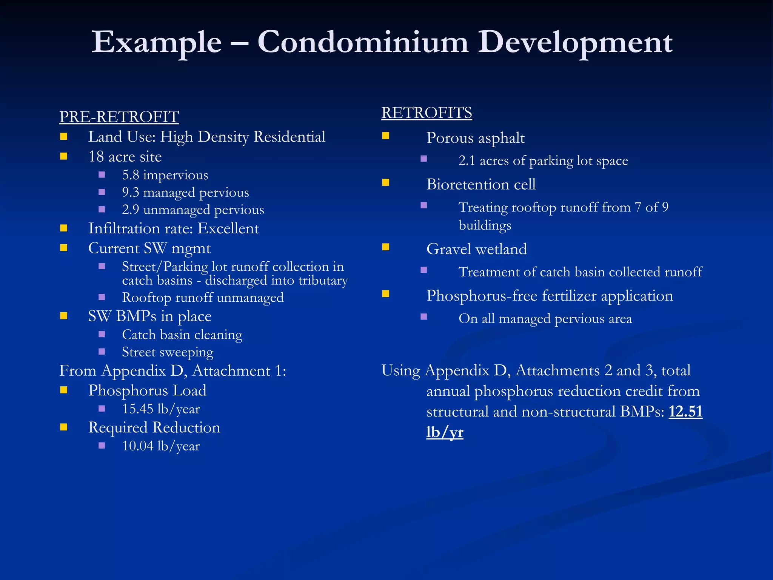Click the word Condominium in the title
(x=363, y=42)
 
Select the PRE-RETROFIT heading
(x=119, y=117)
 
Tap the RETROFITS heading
(x=427, y=113)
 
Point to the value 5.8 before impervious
(x=131, y=175)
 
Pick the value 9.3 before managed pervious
(x=131, y=193)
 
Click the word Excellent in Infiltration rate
(x=228, y=229)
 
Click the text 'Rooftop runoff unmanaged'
(x=203, y=298)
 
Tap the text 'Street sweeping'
(x=168, y=352)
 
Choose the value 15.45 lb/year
(x=161, y=409)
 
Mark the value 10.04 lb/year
(x=161, y=446)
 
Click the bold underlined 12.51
(x=685, y=412)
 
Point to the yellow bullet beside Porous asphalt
(x=385, y=136)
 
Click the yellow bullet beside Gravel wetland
(x=385, y=247)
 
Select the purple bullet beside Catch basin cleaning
(x=102, y=334)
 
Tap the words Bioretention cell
(x=481, y=185)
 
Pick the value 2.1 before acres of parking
(x=467, y=161)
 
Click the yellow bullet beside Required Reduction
(x=63, y=427)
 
